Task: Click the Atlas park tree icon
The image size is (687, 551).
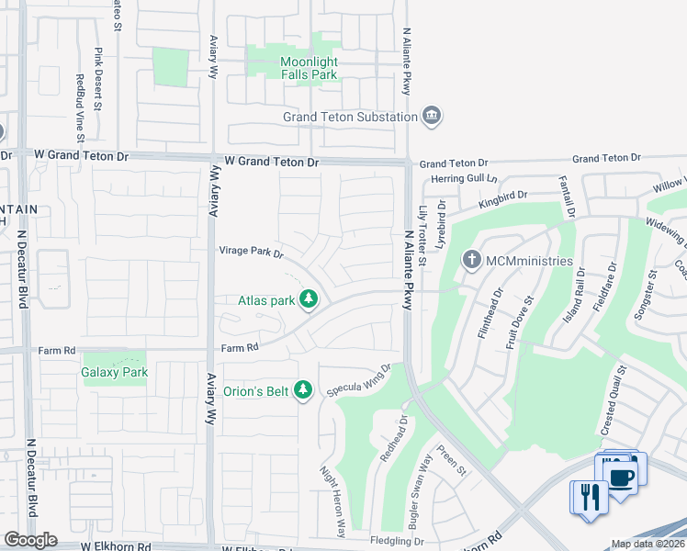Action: point(310,299)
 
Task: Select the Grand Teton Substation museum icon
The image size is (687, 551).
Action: point(432,117)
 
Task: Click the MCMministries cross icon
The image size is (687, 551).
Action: point(472,261)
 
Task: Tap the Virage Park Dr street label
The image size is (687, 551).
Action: point(251,251)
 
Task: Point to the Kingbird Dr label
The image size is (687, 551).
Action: point(503,197)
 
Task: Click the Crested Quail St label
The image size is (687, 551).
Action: point(613,401)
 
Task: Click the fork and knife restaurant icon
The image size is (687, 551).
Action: point(587,497)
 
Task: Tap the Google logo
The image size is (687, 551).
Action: point(30,540)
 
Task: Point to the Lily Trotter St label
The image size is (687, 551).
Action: point(422,236)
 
